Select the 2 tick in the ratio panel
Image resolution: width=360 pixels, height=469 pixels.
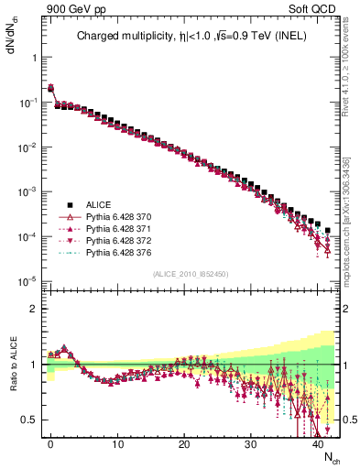[32, 309]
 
